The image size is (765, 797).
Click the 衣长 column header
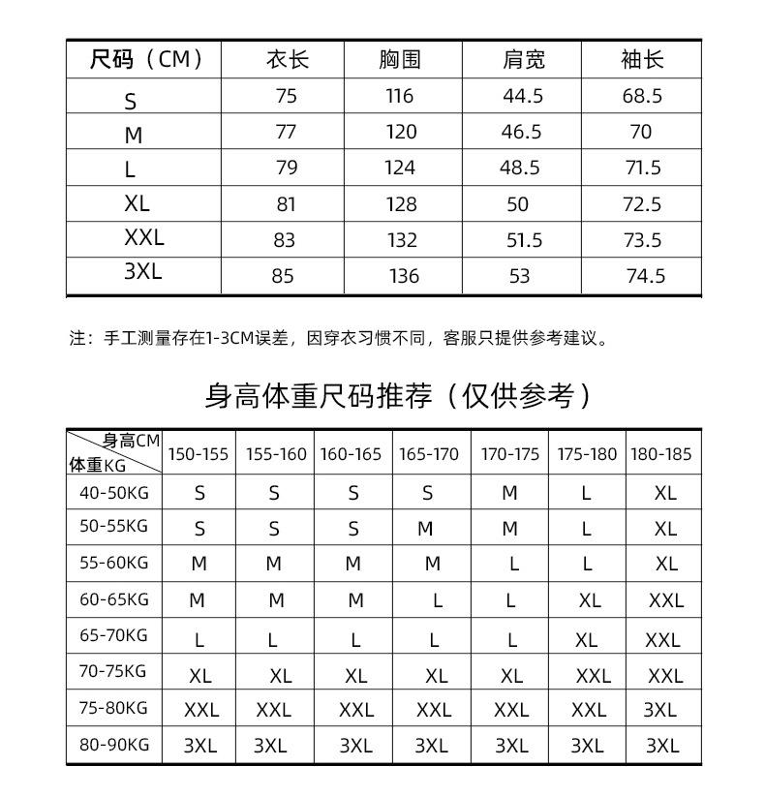tap(287, 60)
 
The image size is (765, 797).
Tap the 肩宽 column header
tap(523, 60)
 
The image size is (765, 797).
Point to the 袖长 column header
tap(642, 60)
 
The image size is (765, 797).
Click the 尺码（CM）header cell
tap(145, 60)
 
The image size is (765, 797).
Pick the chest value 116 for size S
tap(399, 96)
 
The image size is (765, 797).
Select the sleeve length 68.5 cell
tap(642, 96)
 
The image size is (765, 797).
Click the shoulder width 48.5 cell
tap(520, 168)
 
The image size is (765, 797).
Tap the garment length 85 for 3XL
tap(283, 276)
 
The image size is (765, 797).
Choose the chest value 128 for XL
tap(400, 204)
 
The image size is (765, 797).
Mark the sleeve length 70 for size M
tap(641, 132)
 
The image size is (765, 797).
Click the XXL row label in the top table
tap(144, 238)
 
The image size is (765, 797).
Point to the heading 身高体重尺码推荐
tap(397, 395)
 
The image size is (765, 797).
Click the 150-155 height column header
tap(199, 454)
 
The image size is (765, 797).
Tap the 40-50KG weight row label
tap(114, 492)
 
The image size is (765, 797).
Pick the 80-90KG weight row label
tap(114, 745)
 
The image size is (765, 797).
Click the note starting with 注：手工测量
tap(339, 339)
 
